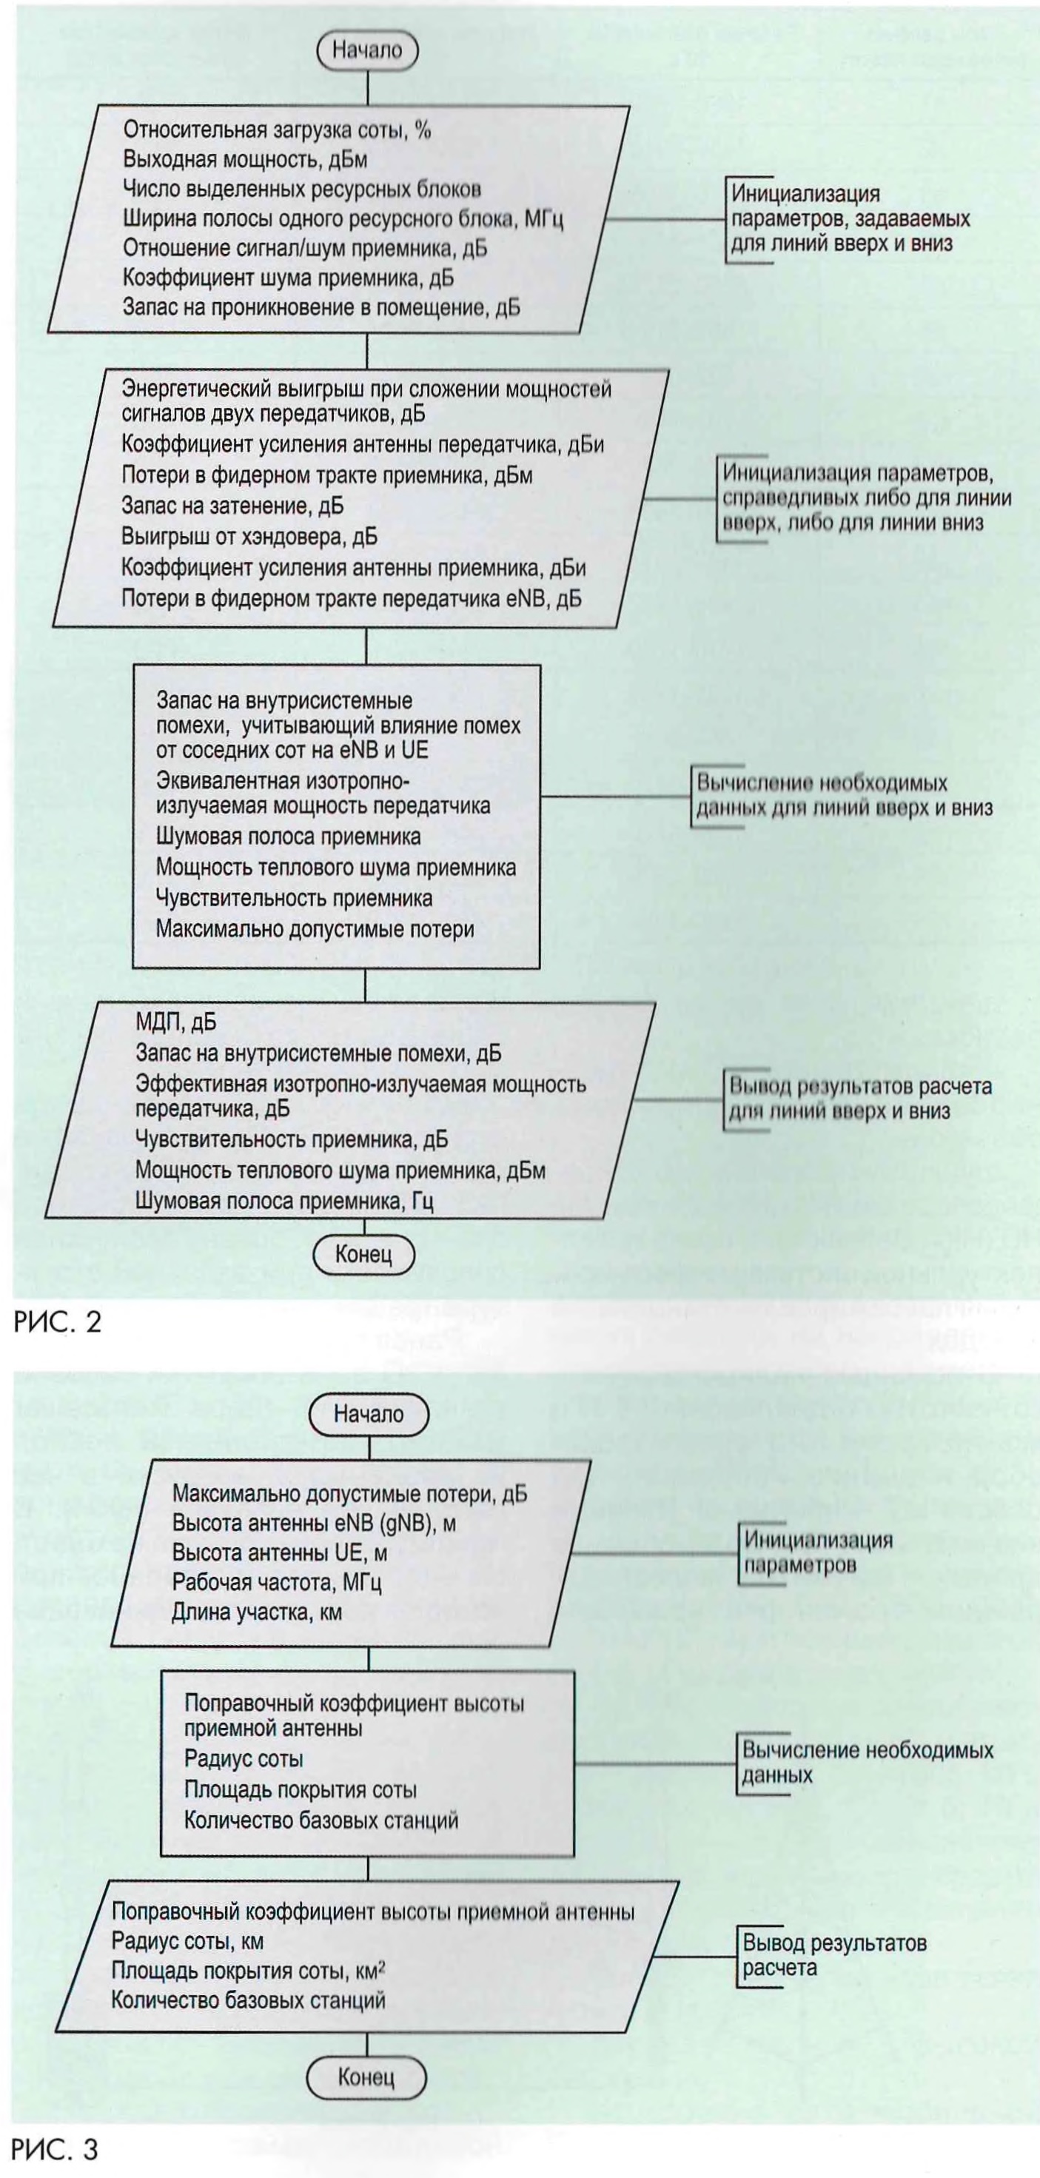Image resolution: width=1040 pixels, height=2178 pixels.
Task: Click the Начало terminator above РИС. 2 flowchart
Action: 366,50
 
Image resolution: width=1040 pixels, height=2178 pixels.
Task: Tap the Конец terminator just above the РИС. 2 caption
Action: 363,1253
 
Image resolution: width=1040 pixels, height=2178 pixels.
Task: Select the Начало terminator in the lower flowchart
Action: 369,1414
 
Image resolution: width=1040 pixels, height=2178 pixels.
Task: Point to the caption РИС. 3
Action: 56,2148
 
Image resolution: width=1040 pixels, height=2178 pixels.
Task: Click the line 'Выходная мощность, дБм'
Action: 245,159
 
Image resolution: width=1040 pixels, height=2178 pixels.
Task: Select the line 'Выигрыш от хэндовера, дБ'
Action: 249,537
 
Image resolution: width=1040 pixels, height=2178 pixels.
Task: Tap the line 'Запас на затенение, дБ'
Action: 232,506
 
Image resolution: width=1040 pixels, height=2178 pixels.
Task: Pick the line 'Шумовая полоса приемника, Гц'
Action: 284,1201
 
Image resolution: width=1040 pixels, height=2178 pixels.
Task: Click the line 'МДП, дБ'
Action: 176,1022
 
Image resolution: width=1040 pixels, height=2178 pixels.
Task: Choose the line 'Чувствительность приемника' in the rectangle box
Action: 295,898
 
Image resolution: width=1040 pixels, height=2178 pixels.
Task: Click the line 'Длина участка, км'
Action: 257,1612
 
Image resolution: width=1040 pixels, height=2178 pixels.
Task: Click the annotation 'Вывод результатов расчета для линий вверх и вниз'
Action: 860,1099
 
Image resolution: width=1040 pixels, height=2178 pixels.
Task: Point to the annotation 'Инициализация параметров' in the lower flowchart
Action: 818,1552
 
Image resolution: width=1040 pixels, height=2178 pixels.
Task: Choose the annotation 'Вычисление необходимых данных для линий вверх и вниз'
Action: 843,795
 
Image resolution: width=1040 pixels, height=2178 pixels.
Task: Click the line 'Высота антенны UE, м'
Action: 280,1552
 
